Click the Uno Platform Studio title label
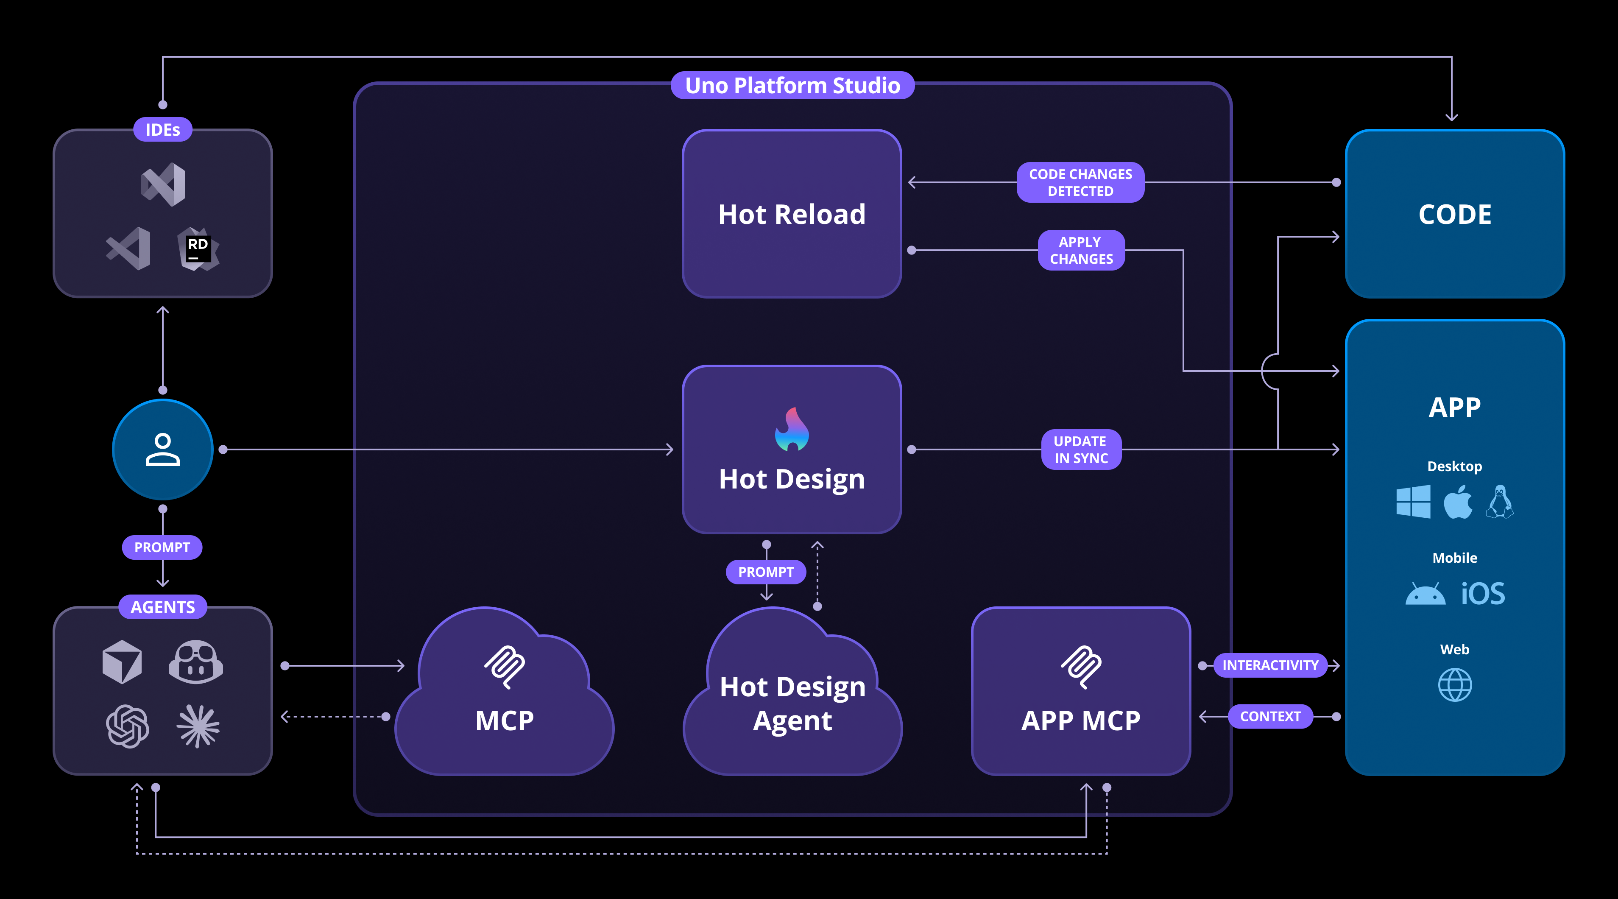click(x=792, y=85)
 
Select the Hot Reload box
click(x=792, y=214)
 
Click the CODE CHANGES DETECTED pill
click(x=1080, y=182)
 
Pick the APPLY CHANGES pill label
click(x=1081, y=250)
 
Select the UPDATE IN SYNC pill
click(x=1081, y=449)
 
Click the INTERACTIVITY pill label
click(x=1270, y=665)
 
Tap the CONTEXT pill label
click(x=1270, y=716)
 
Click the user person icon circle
click(x=163, y=449)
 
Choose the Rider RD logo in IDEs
click(x=198, y=249)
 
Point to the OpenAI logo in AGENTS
click(x=128, y=726)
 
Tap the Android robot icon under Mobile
click(x=1425, y=594)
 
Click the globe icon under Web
click(x=1455, y=685)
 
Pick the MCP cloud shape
click(x=505, y=697)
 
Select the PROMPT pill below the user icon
click(x=162, y=547)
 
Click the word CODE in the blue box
click(x=1455, y=214)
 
